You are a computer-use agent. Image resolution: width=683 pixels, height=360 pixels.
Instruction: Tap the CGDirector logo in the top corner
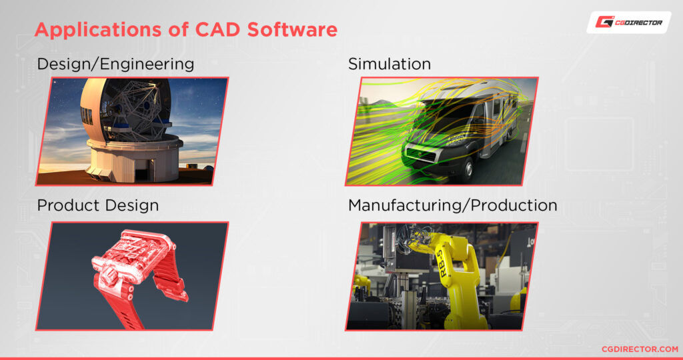point(628,22)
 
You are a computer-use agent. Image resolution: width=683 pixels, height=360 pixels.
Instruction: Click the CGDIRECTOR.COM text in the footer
point(639,349)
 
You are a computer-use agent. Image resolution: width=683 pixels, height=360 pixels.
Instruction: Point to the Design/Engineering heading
point(115,64)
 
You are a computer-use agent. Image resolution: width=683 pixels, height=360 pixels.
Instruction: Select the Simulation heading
point(389,64)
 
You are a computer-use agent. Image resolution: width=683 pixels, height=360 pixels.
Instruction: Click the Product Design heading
point(97,205)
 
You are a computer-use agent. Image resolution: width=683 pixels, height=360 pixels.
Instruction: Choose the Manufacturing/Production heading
point(452,205)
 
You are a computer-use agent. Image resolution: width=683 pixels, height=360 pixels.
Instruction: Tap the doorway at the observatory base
point(141,174)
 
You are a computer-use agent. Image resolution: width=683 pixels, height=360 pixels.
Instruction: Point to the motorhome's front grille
point(427,159)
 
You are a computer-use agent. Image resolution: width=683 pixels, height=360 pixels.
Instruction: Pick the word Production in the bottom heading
point(514,205)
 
